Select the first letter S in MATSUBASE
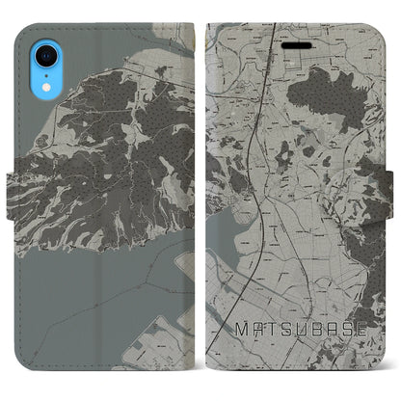279,356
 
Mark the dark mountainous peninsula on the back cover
106,145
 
